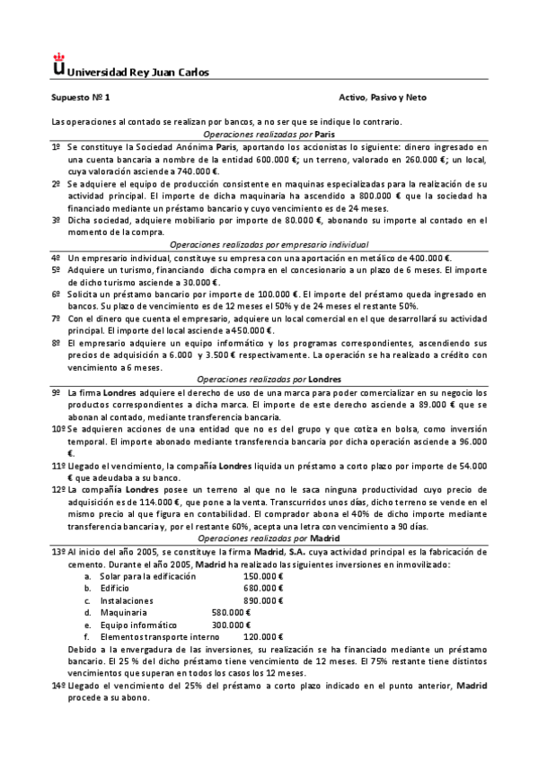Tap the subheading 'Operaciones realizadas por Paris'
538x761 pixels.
(269, 133)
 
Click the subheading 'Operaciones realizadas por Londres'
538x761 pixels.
(269, 379)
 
